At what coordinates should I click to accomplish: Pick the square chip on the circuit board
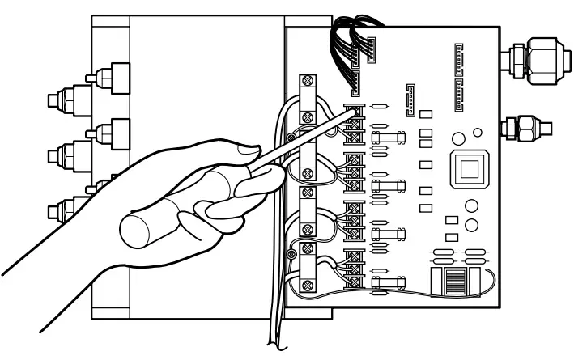469,170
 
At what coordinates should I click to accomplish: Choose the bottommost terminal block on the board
353,269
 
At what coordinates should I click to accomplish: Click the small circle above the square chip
477,132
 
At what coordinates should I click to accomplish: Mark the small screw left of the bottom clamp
291,255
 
